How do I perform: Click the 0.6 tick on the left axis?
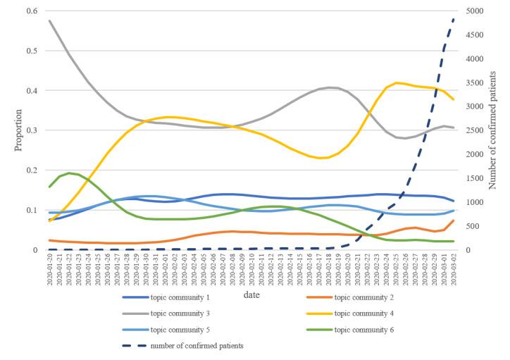point(32,11)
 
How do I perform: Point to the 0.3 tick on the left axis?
point(32,130)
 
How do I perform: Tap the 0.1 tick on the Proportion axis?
point(32,210)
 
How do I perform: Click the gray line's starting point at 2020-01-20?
point(49,20)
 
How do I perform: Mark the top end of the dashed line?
point(454,19)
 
